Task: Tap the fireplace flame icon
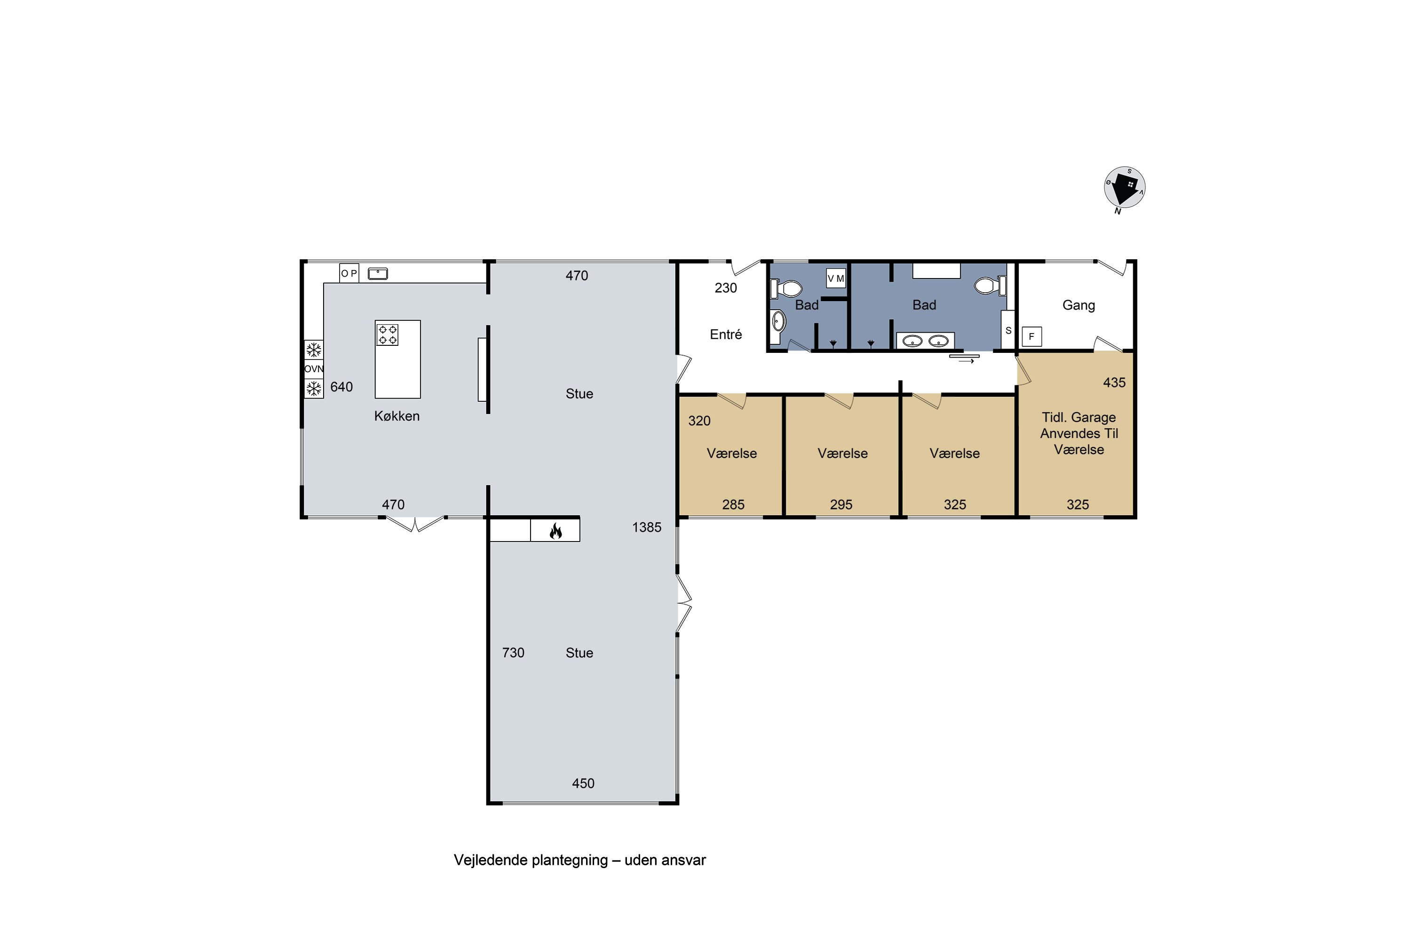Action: [555, 531]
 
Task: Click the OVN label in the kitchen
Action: [314, 368]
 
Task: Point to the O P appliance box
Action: [349, 273]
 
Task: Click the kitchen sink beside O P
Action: [378, 274]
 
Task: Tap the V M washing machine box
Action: [836, 279]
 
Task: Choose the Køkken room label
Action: [396, 416]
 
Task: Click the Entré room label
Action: [726, 334]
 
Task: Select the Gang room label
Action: [1078, 305]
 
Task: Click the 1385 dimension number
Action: [647, 527]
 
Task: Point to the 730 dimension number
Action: [513, 652]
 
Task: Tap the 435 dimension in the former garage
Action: [1114, 382]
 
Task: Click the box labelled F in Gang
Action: [1032, 337]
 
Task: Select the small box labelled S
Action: [1008, 330]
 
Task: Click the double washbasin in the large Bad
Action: [925, 341]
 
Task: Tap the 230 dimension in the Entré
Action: [725, 288]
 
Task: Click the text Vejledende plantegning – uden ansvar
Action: [579, 860]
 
